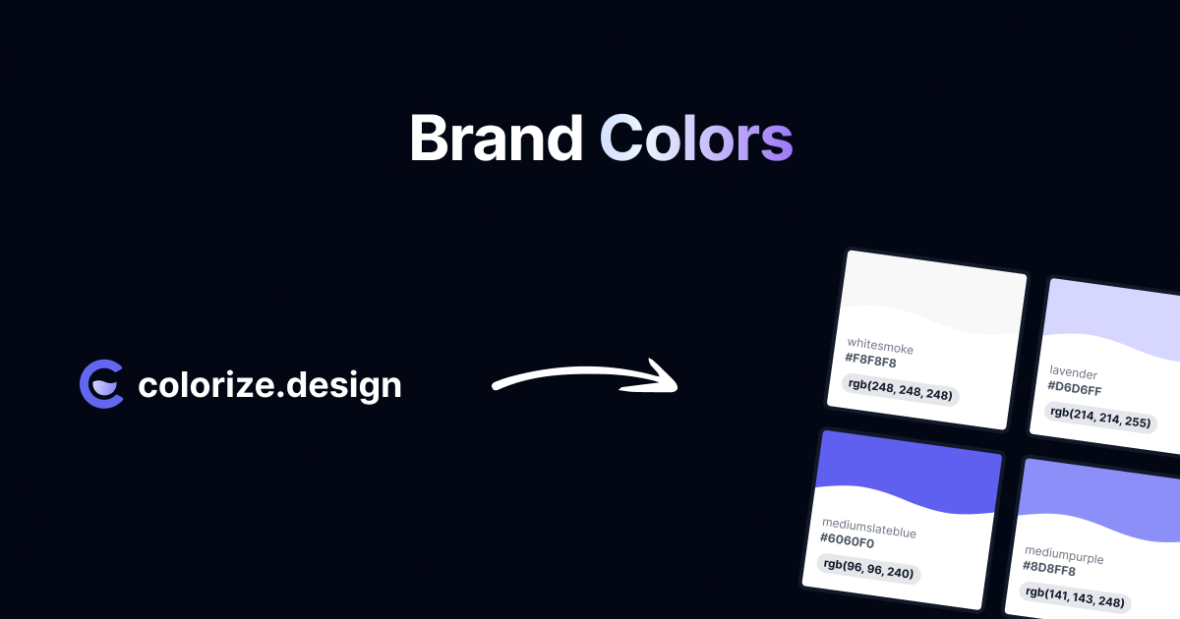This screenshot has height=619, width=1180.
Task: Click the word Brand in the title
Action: coord(497,138)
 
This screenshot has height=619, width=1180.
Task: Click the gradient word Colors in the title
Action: coord(696,138)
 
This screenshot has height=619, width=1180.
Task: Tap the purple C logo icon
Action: coord(101,384)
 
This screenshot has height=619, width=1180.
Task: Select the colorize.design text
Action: coord(269,386)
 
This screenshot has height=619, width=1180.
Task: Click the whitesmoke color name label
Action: coord(880,346)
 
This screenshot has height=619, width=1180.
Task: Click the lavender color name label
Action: coord(1073,372)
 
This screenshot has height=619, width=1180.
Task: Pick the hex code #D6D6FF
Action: coord(1074,388)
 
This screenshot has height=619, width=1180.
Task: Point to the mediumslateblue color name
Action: coord(869,528)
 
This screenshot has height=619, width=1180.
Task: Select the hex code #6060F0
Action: coord(847,540)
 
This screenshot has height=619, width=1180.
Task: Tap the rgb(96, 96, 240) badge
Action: coord(868,569)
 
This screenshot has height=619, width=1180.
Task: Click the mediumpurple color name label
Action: coord(1064,555)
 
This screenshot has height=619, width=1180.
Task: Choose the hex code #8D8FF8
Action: coord(1049,569)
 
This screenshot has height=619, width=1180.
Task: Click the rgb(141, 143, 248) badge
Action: coord(1075,597)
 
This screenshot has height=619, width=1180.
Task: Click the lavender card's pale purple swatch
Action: coord(1111,314)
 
